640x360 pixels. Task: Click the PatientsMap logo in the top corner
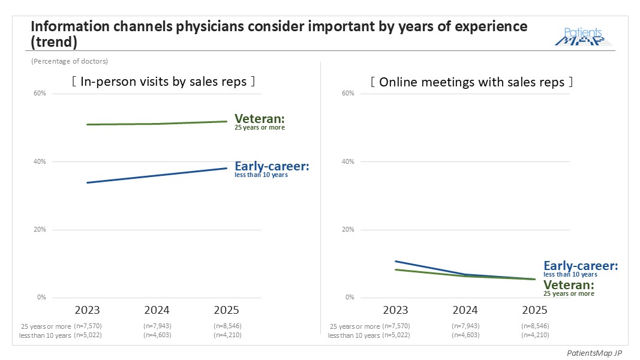582,37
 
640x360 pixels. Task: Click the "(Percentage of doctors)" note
70,61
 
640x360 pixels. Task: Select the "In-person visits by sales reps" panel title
163,82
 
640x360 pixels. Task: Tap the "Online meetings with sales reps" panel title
471,82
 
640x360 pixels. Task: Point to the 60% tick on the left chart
40,94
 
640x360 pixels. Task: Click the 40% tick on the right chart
348,161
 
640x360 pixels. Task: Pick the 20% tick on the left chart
40,229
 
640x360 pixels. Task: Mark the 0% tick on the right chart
350,297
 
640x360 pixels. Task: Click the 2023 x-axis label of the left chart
87,310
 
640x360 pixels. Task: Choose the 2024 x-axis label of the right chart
465,310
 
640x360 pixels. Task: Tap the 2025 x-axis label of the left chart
226,310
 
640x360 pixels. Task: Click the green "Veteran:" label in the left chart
260,119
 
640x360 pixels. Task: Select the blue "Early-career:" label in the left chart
272,166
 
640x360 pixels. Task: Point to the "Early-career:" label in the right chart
581,266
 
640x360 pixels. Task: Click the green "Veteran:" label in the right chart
569,284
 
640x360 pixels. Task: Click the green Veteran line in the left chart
157,124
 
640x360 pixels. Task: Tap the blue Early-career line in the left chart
157,176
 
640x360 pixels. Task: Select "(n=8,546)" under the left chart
227,326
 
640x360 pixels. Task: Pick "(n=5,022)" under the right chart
396,335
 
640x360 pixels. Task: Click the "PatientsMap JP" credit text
594,353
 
